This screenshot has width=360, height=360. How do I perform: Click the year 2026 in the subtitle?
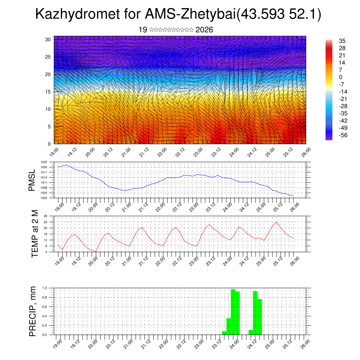(x=204, y=30)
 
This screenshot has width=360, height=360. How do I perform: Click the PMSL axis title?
(x=32, y=180)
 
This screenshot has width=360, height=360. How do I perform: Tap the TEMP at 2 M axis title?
(x=34, y=233)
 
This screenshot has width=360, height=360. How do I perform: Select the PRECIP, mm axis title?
(x=33, y=311)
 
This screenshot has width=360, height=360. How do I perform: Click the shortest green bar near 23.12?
(x=224, y=333)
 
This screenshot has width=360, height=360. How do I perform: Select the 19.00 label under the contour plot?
(x=54, y=152)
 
